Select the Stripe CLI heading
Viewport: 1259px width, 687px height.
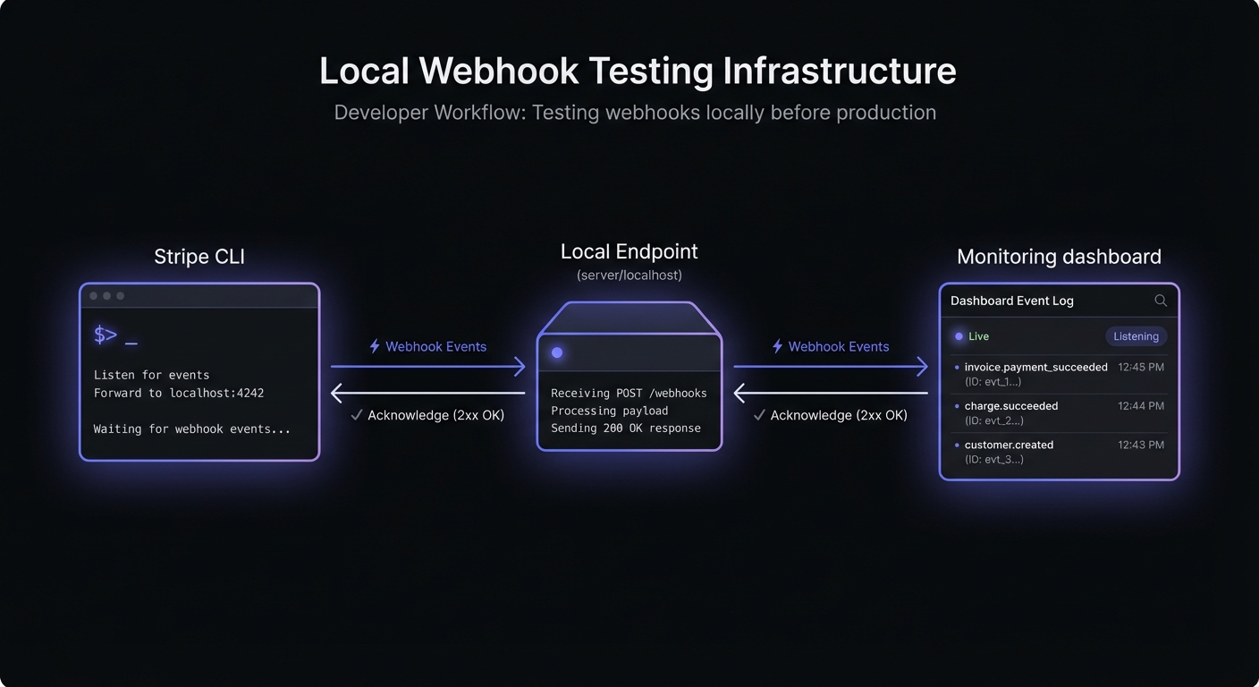pos(199,257)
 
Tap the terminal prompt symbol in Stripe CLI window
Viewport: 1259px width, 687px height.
pos(106,335)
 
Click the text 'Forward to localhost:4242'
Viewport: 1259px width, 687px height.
pos(179,393)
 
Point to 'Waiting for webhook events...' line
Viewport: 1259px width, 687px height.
pos(192,428)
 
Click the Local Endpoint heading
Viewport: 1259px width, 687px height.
pos(629,251)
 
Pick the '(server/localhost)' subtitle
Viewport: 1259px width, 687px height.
pos(629,276)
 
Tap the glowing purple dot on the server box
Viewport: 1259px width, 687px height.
pos(557,352)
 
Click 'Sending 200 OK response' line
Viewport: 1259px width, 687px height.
pos(626,428)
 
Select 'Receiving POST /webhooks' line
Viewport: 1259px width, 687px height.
pos(629,393)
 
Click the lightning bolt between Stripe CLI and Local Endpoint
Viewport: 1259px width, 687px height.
pos(375,346)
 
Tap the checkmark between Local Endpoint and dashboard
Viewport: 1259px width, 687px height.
pos(759,415)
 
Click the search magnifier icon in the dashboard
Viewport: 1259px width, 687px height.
pos(1161,301)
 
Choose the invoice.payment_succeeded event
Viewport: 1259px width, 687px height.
pos(1035,367)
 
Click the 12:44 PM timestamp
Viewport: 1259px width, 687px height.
pos(1141,406)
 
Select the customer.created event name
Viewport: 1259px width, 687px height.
pos(1009,445)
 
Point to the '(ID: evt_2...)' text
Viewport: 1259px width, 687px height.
pos(994,420)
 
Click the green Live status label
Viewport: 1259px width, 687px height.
pos(978,336)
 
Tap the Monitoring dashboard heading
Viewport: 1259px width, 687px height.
pos(1059,257)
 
